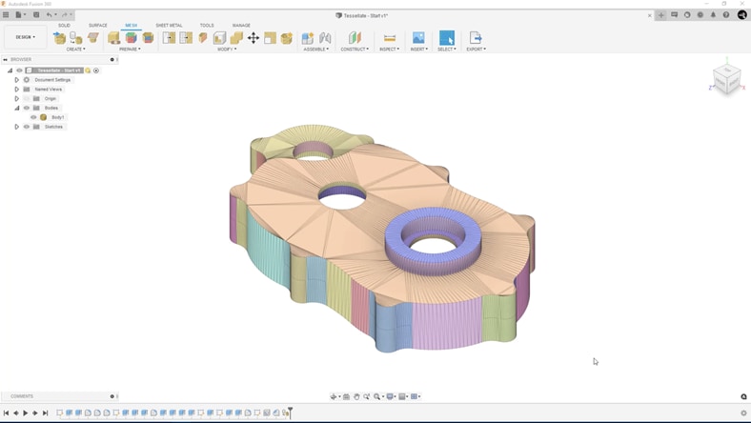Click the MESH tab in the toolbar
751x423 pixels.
click(132, 26)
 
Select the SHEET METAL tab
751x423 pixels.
click(169, 26)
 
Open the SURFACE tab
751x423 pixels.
click(98, 26)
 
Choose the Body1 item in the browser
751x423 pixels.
click(58, 117)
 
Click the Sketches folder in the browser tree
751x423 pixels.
click(53, 127)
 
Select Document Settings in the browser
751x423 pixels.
click(52, 80)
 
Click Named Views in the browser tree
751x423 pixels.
click(48, 90)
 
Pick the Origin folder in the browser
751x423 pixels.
click(50, 98)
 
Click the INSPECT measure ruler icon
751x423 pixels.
click(389, 38)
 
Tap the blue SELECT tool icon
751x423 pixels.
click(446, 38)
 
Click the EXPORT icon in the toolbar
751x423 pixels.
click(476, 38)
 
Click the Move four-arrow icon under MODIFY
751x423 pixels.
click(254, 38)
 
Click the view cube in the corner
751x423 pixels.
click(727, 79)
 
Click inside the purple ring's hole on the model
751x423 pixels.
click(433, 246)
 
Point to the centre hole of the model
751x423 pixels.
click(342, 198)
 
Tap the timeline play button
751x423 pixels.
click(26, 413)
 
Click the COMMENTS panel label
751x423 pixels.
click(22, 396)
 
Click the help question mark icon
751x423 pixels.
click(726, 15)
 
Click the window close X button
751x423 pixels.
click(742, 4)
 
